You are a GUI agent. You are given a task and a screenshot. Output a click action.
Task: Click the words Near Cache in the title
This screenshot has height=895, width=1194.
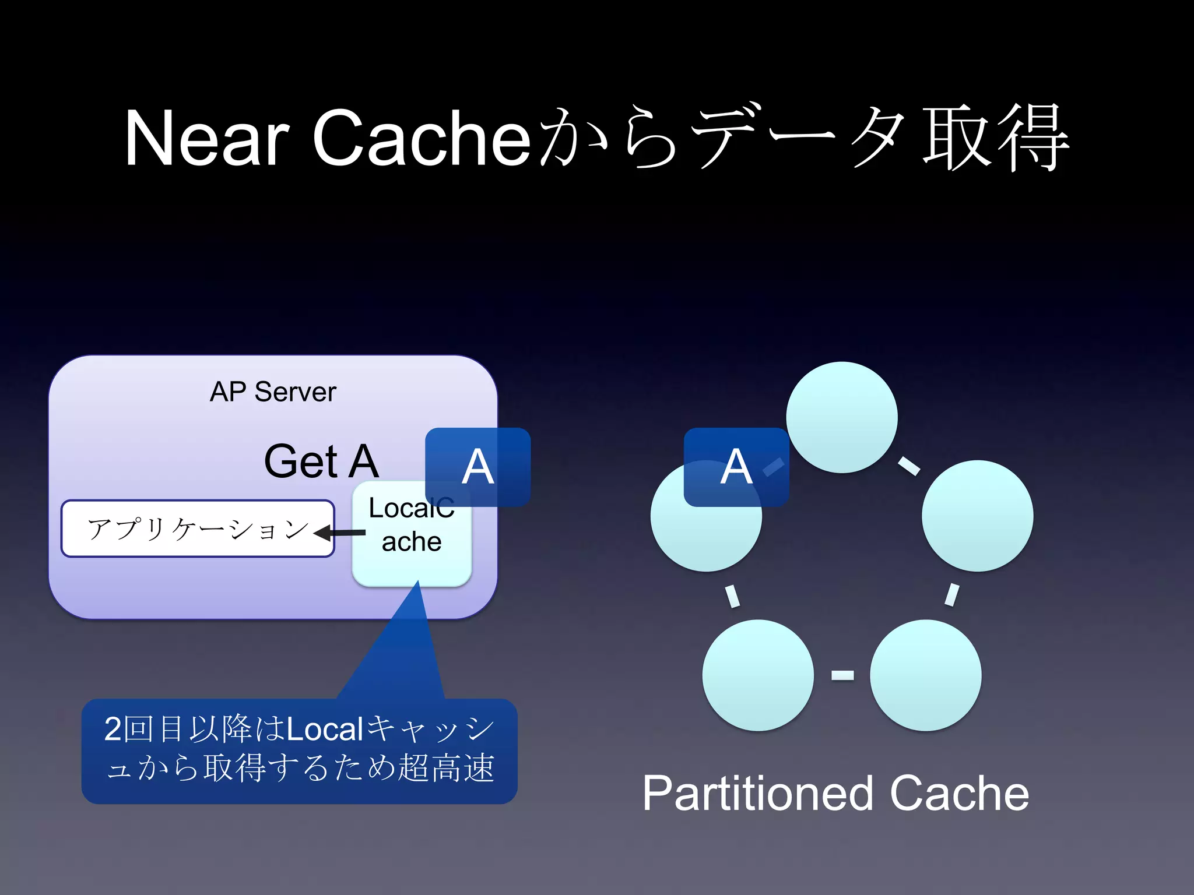[326, 139]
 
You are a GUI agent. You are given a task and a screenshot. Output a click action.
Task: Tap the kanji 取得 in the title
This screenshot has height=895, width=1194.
[996, 139]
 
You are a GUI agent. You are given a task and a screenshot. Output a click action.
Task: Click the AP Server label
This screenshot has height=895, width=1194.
[273, 392]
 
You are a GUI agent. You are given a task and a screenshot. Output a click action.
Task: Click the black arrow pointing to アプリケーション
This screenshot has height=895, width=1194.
[340, 533]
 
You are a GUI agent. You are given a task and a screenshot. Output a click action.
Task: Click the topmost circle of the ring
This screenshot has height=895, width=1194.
[841, 417]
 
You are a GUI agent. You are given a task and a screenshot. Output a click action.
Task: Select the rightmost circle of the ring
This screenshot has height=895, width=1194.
[977, 516]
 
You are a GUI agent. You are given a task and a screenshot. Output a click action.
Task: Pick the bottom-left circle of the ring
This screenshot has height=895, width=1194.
[757, 675]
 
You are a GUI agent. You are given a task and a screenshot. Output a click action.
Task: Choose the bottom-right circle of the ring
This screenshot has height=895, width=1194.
[925, 675]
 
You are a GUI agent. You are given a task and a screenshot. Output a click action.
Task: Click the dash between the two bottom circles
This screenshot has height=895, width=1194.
[842, 675]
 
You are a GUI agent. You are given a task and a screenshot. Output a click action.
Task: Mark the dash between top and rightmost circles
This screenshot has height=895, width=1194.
[909, 466]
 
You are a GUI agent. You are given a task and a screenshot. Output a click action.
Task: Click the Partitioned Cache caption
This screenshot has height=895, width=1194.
[835, 794]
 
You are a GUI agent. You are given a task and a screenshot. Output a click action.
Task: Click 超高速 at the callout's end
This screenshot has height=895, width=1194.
[446, 767]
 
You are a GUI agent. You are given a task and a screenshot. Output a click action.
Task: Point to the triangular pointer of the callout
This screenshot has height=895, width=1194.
[402, 653]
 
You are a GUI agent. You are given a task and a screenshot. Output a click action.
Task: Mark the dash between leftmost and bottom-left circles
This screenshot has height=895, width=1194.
[732, 596]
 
